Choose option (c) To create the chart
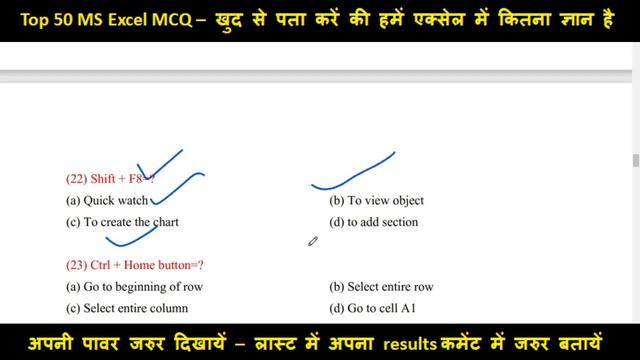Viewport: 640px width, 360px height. tap(122, 222)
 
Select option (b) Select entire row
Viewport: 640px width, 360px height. tap(381, 287)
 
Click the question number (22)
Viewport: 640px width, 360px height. tap(76, 179)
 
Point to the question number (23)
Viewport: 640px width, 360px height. tap(76, 265)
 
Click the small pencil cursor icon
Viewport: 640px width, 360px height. tap(312, 241)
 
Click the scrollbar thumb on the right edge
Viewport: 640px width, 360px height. tap(635, 161)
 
